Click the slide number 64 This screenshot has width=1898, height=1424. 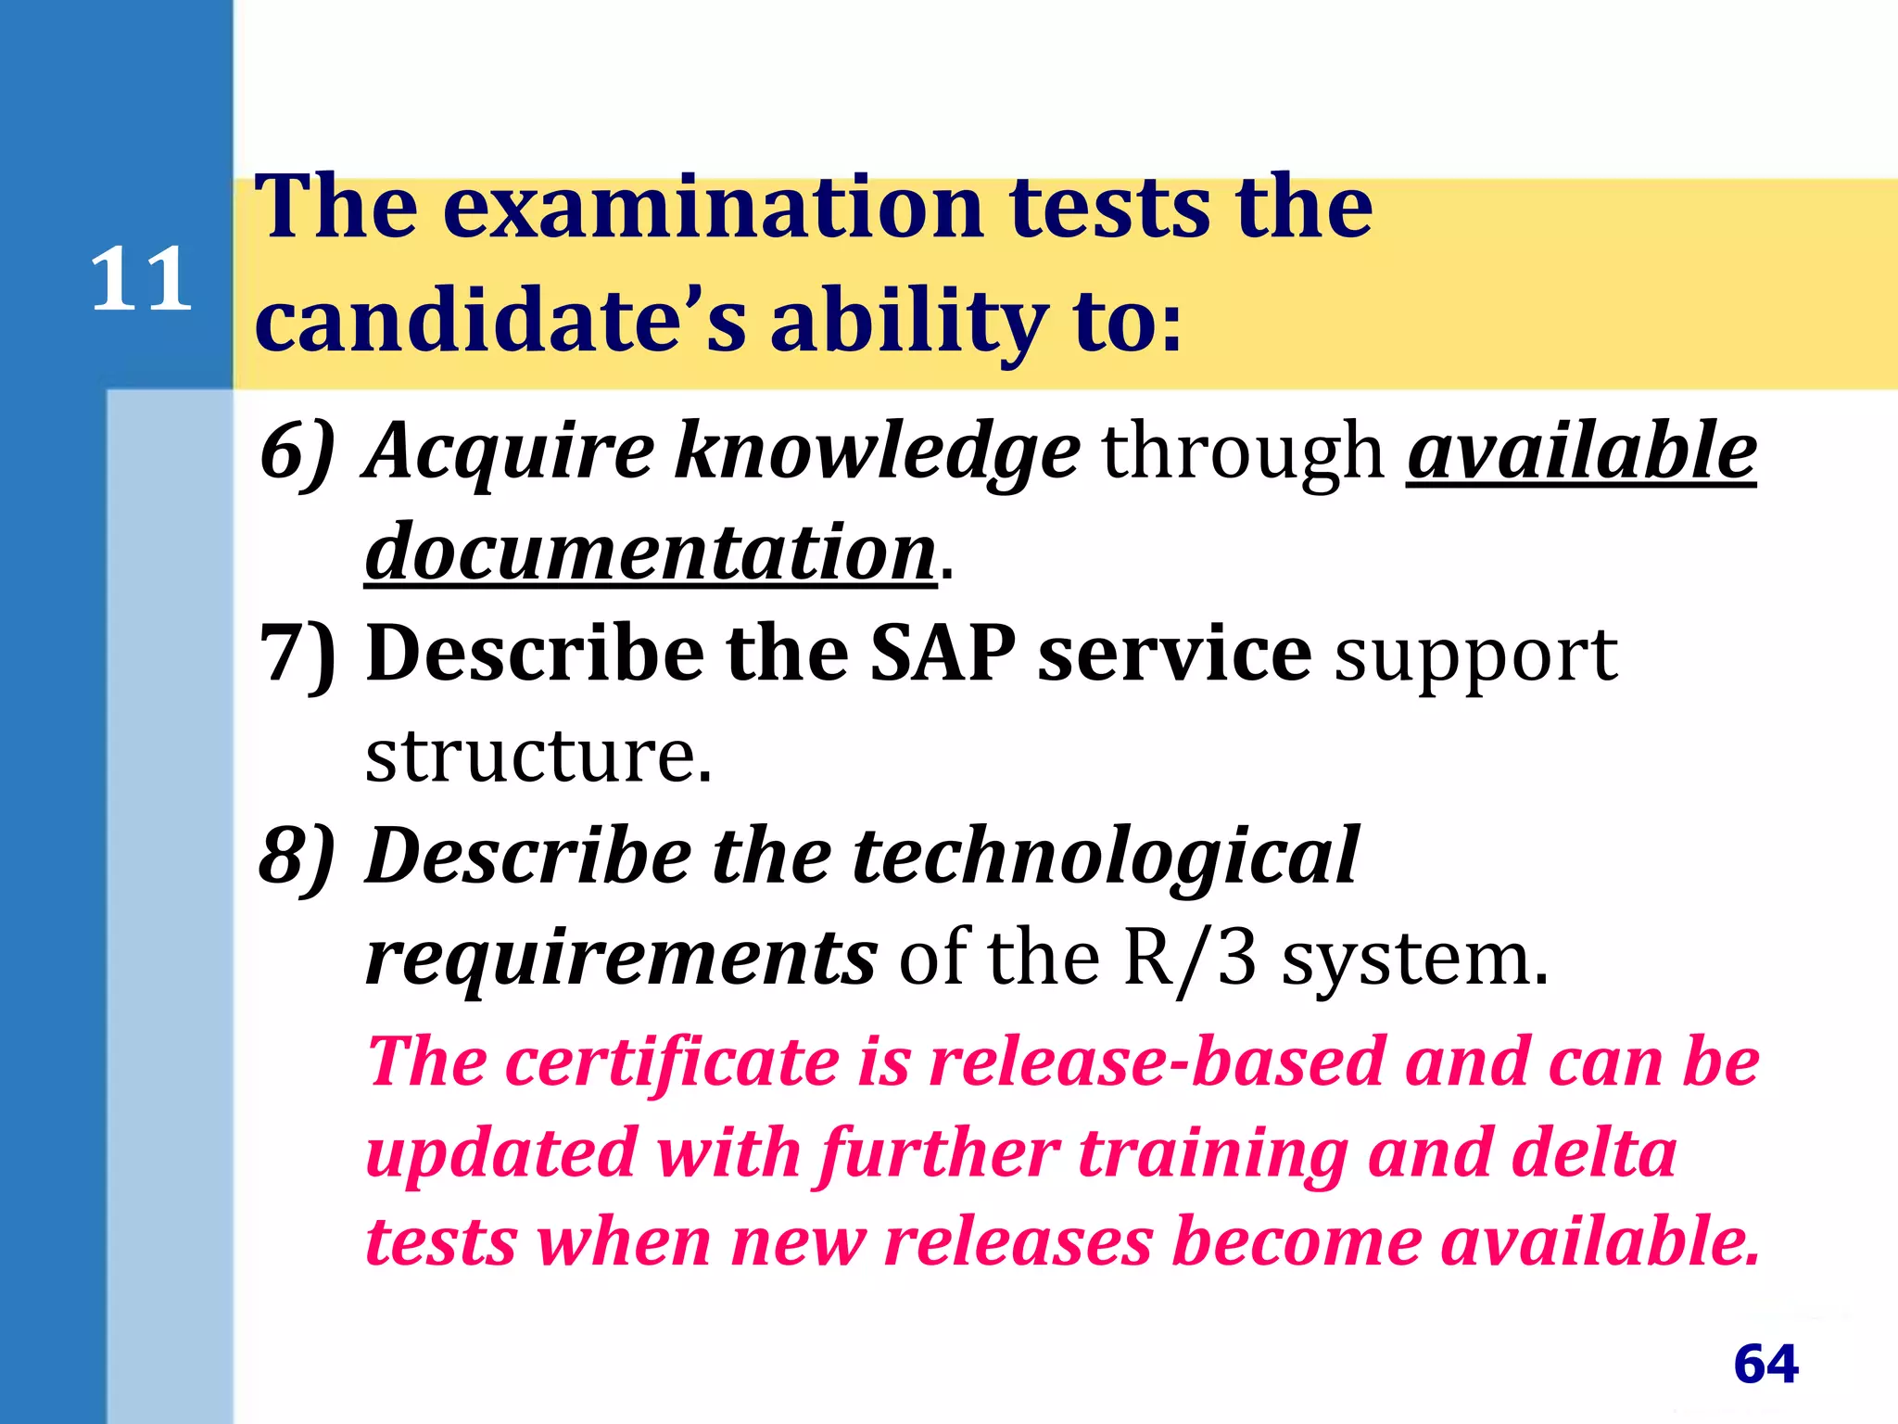pyautogui.click(x=1765, y=1364)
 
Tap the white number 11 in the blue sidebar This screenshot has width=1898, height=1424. pyautogui.click(x=141, y=279)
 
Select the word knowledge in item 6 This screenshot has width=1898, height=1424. pyautogui.click(x=877, y=451)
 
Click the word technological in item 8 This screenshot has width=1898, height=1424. pyautogui.click(x=1105, y=857)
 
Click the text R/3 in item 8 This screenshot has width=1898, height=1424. pyautogui.click(x=1190, y=959)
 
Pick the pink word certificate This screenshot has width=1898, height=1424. pyautogui.click(x=673, y=1062)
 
